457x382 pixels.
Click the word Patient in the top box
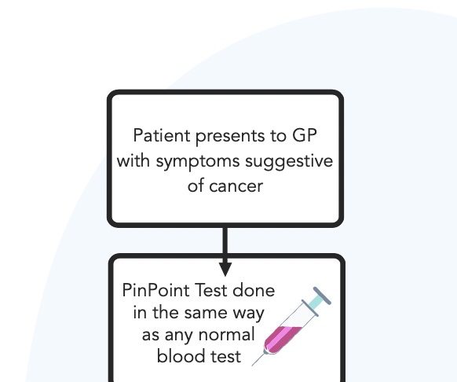pyautogui.click(x=162, y=136)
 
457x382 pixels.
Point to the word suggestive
pyautogui.click(x=289, y=162)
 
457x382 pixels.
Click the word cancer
pyautogui.click(x=236, y=186)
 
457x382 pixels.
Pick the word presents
pyautogui.click(x=230, y=137)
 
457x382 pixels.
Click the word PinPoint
pyautogui.click(x=155, y=290)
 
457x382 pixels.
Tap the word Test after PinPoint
pyautogui.click(x=211, y=290)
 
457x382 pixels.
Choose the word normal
pyautogui.click(x=226, y=334)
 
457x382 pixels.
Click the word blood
pyautogui.click(x=178, y=356)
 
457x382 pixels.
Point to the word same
pyautogui.click(x=206, y=313)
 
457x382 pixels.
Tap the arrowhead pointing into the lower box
pyautogui.click(x=225, y=269)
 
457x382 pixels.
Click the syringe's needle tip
pyautogui.click(x=252, y=365)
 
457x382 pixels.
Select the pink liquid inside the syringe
pyautogui.click(x=281, y=339)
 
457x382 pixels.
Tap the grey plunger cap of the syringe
pyautogui.click(x=322, y=296)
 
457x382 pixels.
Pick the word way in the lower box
pyautogui.click(x=248, y=314)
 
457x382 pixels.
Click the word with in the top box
pyautogui.click(x=133, y=160)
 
